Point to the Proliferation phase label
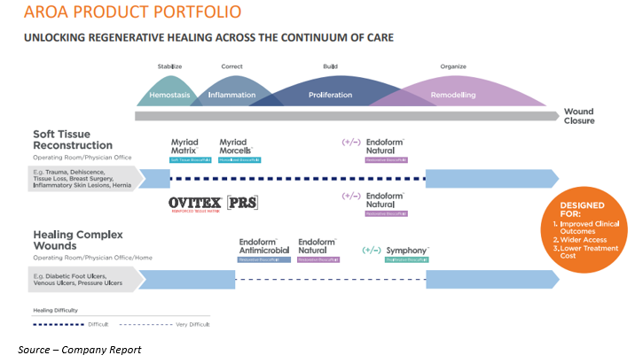pos(330,94)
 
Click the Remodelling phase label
pos(452,94)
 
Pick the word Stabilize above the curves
pos(170,66)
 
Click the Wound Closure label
pos(579,116)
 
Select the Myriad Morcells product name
pos(235,146)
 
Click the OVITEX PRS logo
pos(213,203)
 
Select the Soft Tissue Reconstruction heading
pos(73,140)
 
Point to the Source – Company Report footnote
pos(79,350)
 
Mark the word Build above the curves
pos(331,66)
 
